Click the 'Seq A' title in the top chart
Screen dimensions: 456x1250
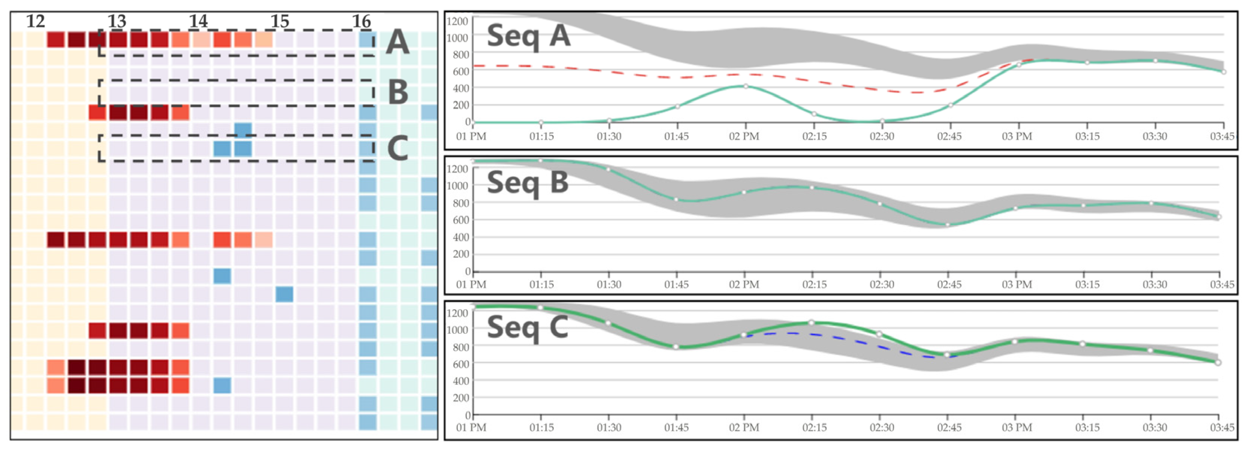click(x=528, y=36)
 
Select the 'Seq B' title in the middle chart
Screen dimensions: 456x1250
click(x=528, y=183)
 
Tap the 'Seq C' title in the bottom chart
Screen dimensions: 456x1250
click(x=528, y=327)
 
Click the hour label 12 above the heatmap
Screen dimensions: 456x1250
click(x=36, y=21)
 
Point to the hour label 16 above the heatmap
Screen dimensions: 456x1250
click(x=362, y=21)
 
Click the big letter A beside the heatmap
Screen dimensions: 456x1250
click(x=398, y=42)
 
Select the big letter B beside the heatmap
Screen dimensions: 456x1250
click(x=398, y=92)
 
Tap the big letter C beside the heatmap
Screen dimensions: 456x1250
click(x=398, y=148)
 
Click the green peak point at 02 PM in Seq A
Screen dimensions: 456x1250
click(x=746, y=86)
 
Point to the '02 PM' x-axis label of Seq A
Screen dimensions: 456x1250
click(x=744, y=137)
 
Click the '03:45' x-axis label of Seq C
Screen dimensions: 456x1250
click(x=1222, y=428)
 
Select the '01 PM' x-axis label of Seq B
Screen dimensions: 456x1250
click(x=471, y=285)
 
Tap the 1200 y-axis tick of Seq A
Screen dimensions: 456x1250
click(x=457, y=21)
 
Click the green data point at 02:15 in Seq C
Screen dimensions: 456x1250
click(x=811, y=323)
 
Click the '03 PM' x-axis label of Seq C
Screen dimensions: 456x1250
click(x=1017, y=428)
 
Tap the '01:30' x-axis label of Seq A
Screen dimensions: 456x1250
click(x=609, y=137)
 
